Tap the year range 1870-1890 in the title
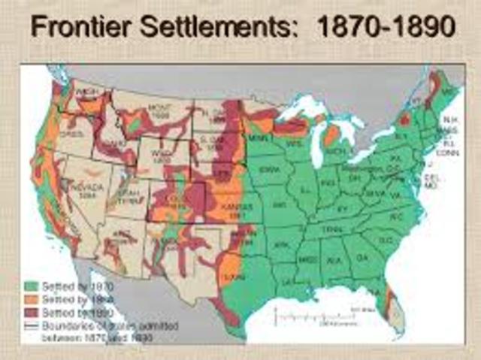(x=386, y=29)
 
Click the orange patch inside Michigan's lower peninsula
(x=331, y=135)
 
